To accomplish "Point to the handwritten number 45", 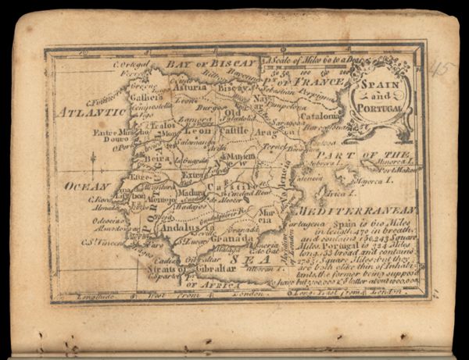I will point(443,69).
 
